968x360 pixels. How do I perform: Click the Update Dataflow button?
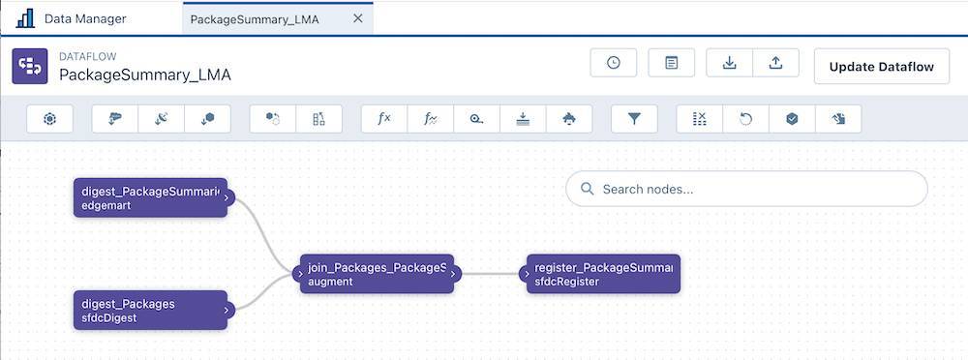(x=881, y=66)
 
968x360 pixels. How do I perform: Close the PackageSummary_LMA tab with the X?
(x=358, y=18)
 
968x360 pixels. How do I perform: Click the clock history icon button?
(x=614, y=63)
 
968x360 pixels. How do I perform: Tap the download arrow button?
(x=730, y=63)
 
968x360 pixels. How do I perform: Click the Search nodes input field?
(x=745, y=190)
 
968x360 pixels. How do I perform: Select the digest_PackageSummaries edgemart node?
(x=150, y=197)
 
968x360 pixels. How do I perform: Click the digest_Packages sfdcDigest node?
(x=150, y=310)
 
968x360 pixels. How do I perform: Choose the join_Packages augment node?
(x=376, y=274)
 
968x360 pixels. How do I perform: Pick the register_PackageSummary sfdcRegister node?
(x=602, y=274)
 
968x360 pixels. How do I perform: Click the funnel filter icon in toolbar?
(x=634, y=119)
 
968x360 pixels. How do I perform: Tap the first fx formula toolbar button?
(x=383, y=119)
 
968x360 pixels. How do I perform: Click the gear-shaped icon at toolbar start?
(x=50, y=119)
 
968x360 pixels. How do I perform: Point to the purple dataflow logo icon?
(x=29, y=66)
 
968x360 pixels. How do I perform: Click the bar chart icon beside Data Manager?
(x=25, y=18)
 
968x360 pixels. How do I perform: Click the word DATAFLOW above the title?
(x=88, y=56)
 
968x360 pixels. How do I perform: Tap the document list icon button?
(x=672, y=63)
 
